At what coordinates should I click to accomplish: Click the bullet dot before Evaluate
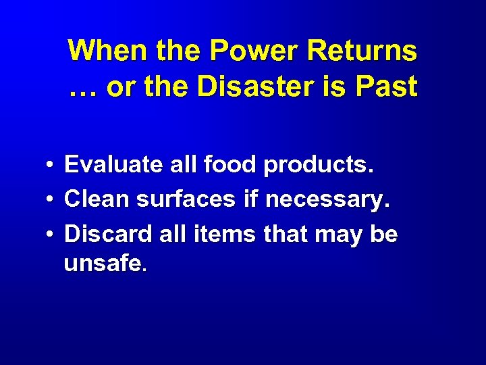(51, 165)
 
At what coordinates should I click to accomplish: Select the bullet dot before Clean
(51, 200)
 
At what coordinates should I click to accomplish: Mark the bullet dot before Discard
(51, 235)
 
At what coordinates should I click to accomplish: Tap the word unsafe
(104, 263)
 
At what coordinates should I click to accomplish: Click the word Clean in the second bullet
(97, 199)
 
